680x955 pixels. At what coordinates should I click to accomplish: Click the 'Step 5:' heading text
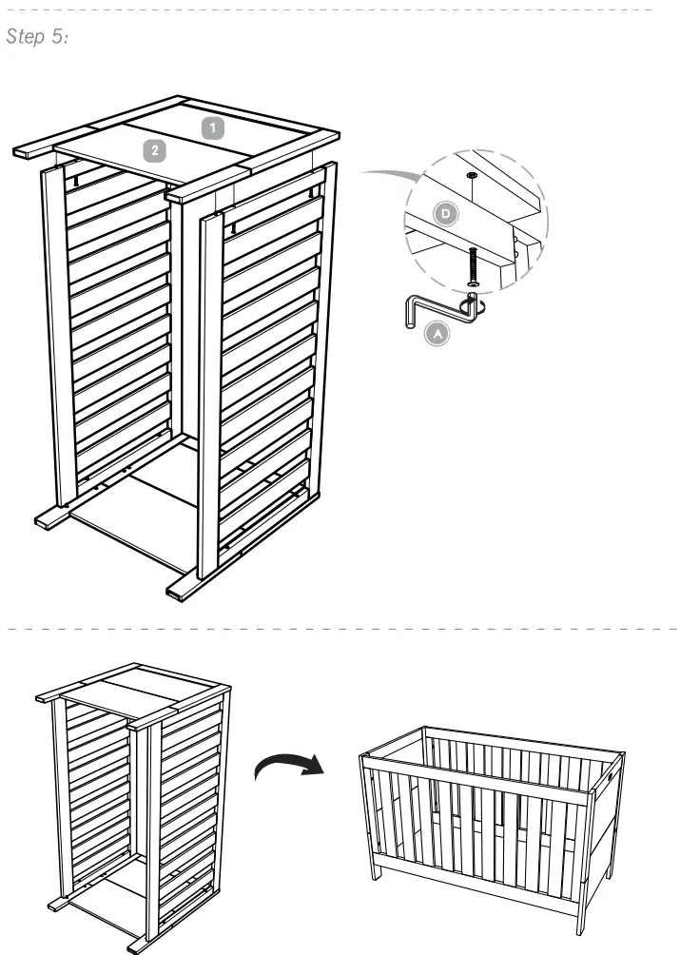(37, 37)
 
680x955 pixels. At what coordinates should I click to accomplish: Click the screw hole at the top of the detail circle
(473, 177)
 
